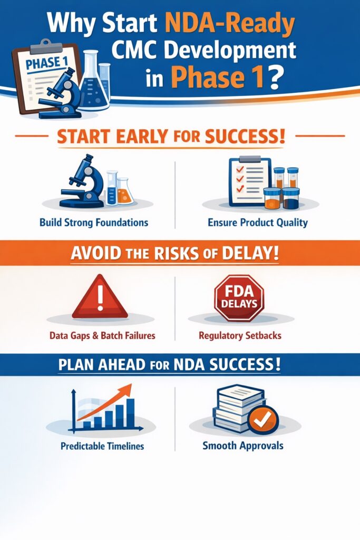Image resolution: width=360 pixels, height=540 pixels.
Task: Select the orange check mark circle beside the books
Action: click(262, 419)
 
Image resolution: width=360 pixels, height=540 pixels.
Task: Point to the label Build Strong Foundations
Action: click(94, 223)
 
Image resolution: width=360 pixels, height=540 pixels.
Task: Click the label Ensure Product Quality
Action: click(258, 223)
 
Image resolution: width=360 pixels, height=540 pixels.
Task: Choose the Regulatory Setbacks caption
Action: click(240, 335)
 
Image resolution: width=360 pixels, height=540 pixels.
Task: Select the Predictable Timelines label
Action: click(102, 446)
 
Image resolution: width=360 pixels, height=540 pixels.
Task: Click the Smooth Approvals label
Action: click(243, 446)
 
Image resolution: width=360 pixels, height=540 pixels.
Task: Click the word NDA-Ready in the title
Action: click(230, 25)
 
